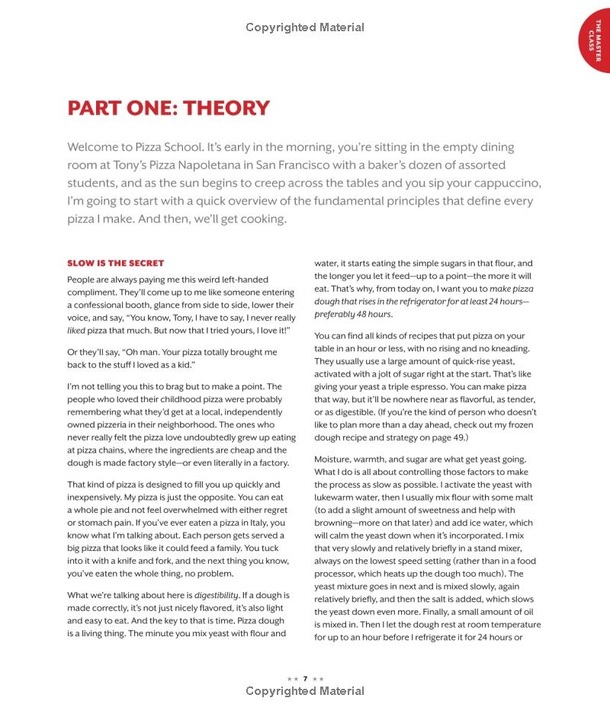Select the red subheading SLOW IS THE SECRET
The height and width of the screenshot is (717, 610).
115,264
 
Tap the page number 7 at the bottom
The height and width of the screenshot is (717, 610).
305,678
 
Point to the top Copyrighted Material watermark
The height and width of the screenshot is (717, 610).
305,27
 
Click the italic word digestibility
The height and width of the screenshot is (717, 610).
217,595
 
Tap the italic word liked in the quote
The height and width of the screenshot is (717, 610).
75,331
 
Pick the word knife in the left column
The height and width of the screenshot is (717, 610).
128,561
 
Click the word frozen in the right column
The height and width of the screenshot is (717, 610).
518,425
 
